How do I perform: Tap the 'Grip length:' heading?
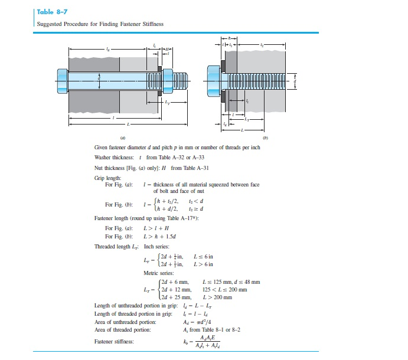point(107,177)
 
